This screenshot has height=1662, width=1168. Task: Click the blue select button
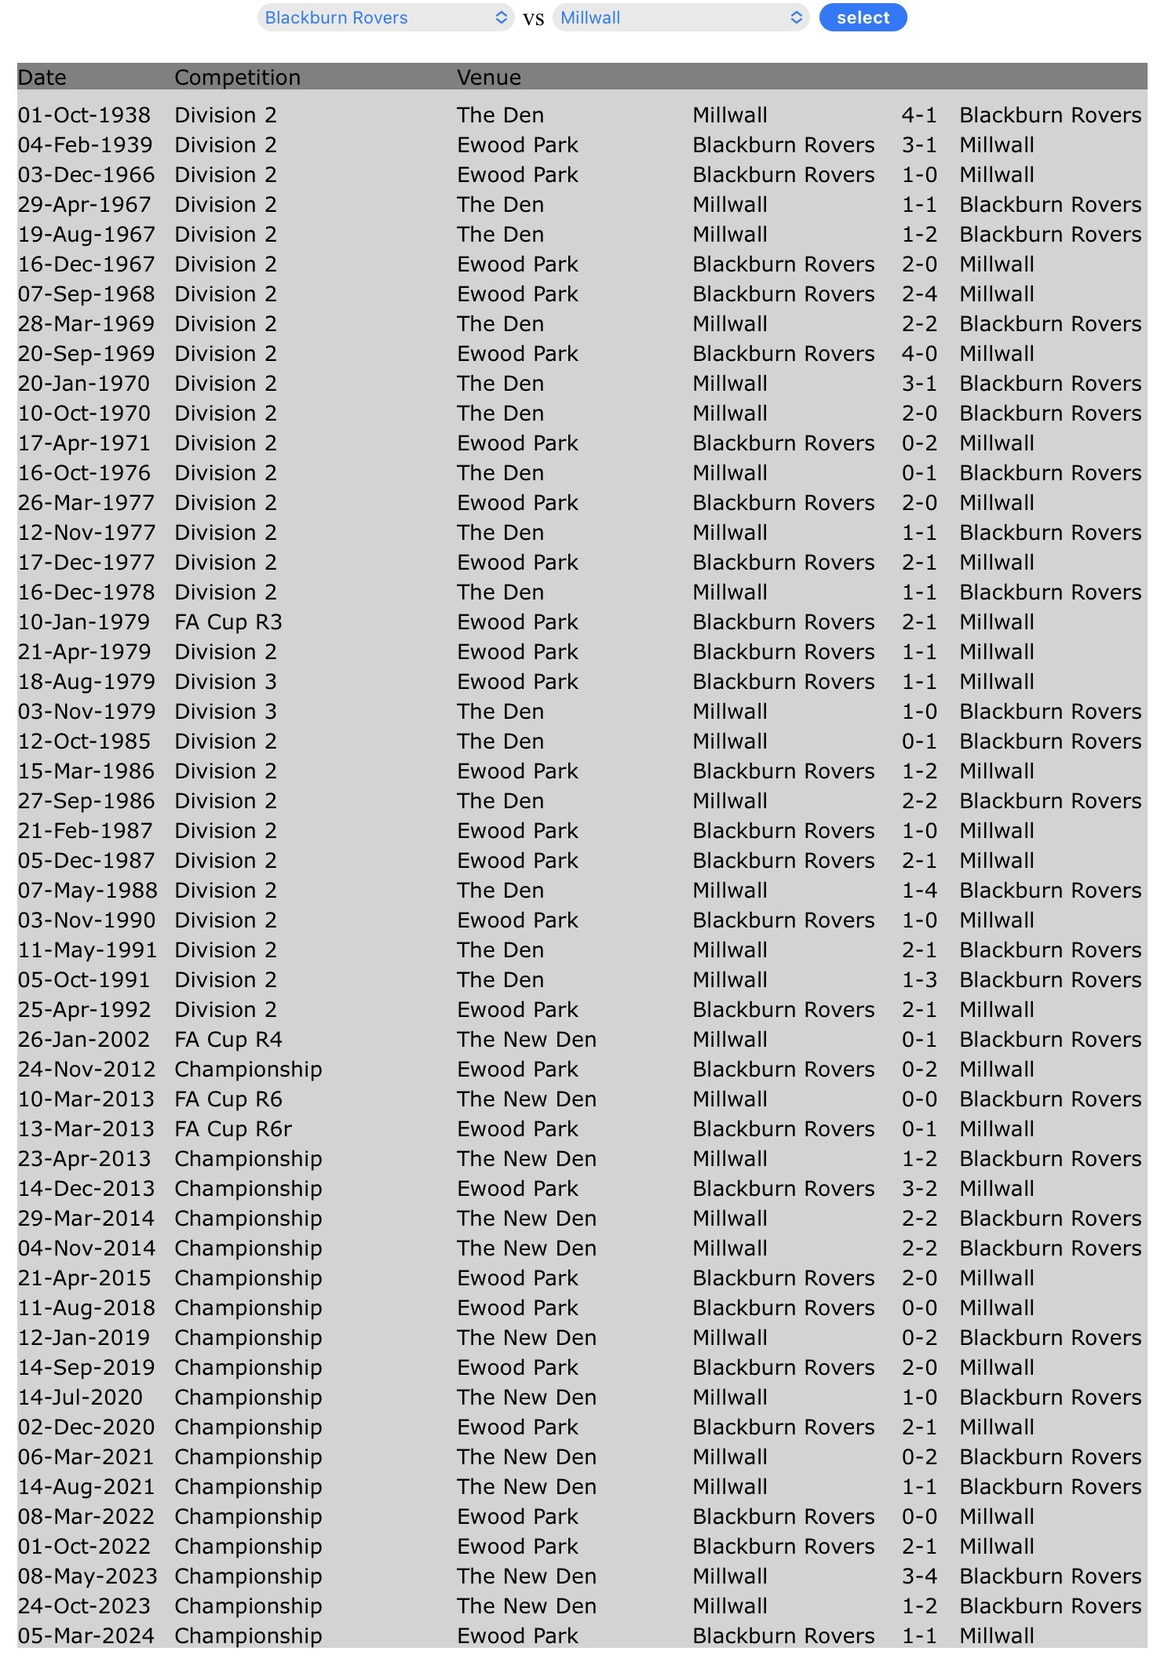click(862, 17)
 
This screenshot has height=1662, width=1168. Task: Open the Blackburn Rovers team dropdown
click(385, 17)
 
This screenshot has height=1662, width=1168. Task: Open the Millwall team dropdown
click(680, 17)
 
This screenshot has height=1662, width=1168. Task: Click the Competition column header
click(237, 77)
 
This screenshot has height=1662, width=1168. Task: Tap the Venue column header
click(488, 77)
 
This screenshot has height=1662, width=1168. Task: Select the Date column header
click(42, 77)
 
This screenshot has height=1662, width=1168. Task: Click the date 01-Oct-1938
click(84, 115)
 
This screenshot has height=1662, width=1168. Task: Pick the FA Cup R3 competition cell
click(228, 622)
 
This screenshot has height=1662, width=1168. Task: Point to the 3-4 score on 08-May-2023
click(918, 1576)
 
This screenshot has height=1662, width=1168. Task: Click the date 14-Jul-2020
click(80, 1398)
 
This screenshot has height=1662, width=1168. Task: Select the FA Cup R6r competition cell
click(232, 1129)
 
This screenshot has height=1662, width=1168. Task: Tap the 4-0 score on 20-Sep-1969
click(918, 354)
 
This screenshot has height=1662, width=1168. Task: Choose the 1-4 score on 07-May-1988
click(918, 891)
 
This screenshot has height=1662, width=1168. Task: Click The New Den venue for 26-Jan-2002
click(526, 1040)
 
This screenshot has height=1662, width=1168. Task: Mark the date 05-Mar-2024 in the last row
click(86, 1636)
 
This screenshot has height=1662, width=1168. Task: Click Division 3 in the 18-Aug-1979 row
click(225, 682)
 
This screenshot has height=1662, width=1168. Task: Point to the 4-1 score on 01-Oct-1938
click(918, 115)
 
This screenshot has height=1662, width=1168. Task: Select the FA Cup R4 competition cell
click(228, 1040)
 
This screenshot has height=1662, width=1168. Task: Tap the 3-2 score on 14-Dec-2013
click(918, 1189)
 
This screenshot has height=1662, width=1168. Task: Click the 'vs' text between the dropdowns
click(533, 19)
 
